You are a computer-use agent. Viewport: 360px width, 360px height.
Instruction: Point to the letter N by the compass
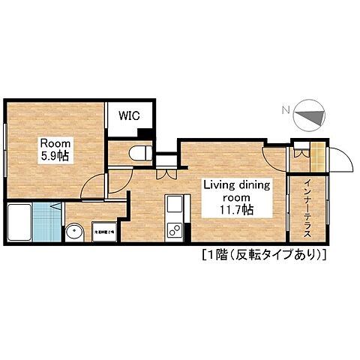[x=283, y=112]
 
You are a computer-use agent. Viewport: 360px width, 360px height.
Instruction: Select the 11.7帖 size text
[x=236, y=210]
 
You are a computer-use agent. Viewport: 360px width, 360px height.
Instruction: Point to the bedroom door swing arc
[x=93, y=184]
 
